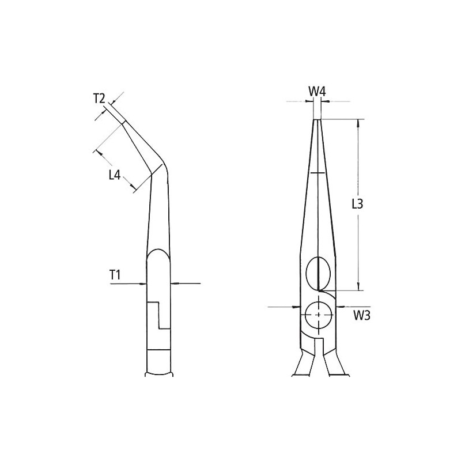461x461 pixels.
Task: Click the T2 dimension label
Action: coord(99,99)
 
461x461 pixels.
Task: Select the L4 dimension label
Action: coord(115,176)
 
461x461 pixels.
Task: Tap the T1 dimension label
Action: coord(115,275)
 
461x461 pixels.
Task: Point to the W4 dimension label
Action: coord(317,92)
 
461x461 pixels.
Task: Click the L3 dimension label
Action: coord(357,204)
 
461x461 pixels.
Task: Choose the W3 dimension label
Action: coord(362,315)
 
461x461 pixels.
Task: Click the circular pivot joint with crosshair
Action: coord(319,315)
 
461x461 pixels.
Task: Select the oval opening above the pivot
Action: coord(319,273)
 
